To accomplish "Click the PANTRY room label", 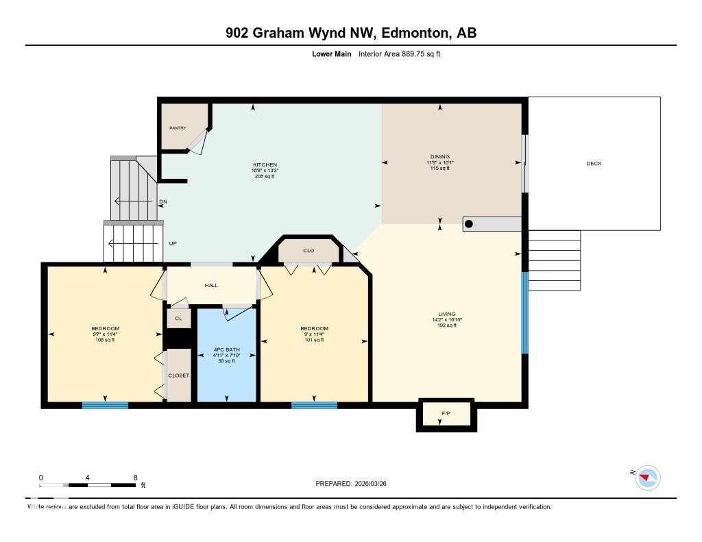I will pos(178,128).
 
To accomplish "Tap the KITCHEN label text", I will pos(265,165).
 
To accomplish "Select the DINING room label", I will pos(439,157).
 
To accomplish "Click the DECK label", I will pos(594,164).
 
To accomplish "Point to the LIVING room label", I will pos(447,315).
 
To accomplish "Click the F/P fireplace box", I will pos(446,414).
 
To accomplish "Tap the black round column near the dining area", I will pos(469,223).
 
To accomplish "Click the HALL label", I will pos(211,285).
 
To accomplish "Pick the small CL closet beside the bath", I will pos(178,319).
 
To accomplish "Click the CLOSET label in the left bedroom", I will pos(178,375).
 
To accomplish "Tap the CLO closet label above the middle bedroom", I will pos(308,251).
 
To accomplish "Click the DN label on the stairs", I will pos(162,201).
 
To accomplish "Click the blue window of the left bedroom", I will pos(105,405).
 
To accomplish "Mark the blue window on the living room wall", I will pos(525,313).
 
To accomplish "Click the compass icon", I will pos(647,477).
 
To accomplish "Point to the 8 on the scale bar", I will pos(135,478).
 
